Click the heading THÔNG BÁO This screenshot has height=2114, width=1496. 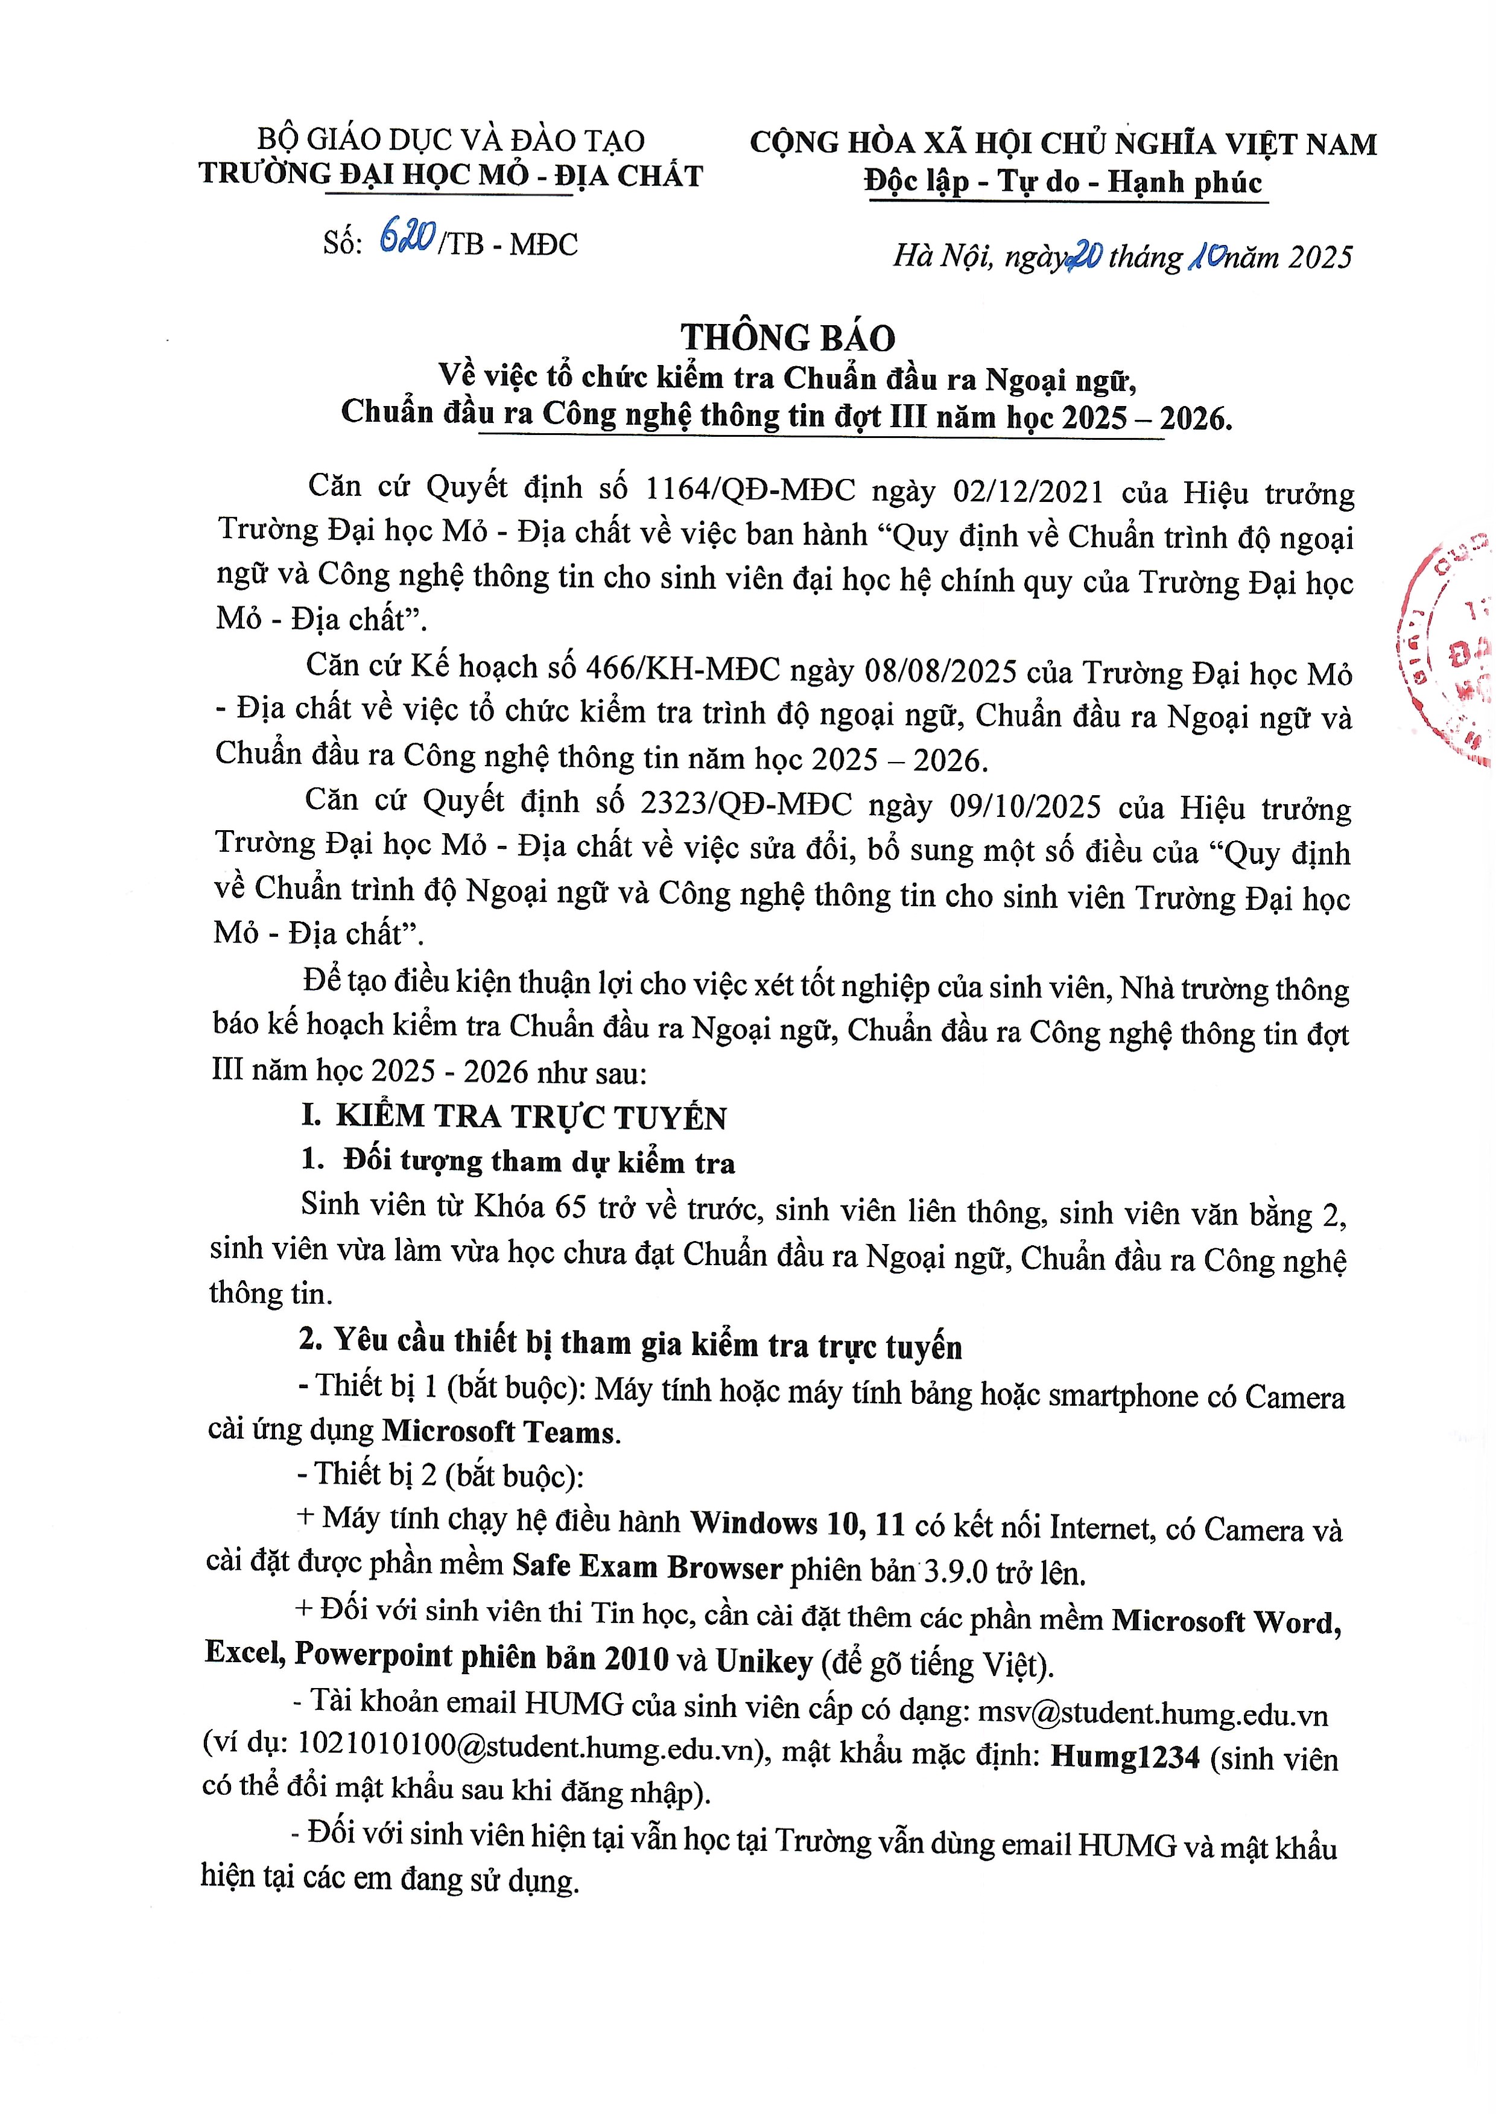(788, 338)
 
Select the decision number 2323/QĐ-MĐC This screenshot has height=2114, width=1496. (746, 804)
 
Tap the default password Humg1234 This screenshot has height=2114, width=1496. (1125, 1757)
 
